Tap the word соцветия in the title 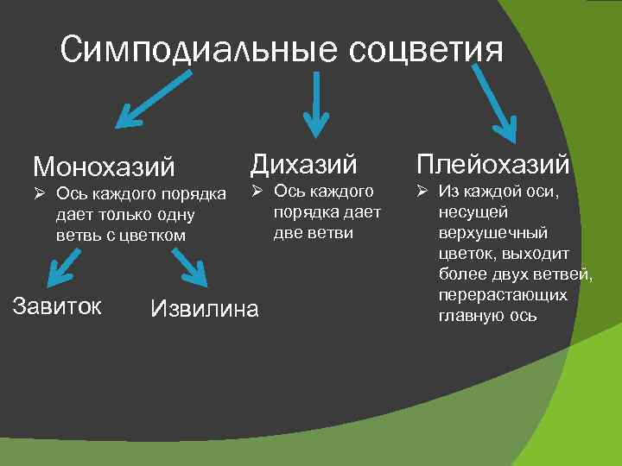tap(425, 51)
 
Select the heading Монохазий tap(104, 165)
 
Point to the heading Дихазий tap(303, 161)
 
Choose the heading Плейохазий tap(493, 163)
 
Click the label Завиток tap(57, 305)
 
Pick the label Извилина tap(204, 308)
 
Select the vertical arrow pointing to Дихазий tap(316, 104)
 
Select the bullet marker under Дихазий tap(257, 191)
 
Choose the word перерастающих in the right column tap(503, 295)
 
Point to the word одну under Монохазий tap(173, 213)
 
